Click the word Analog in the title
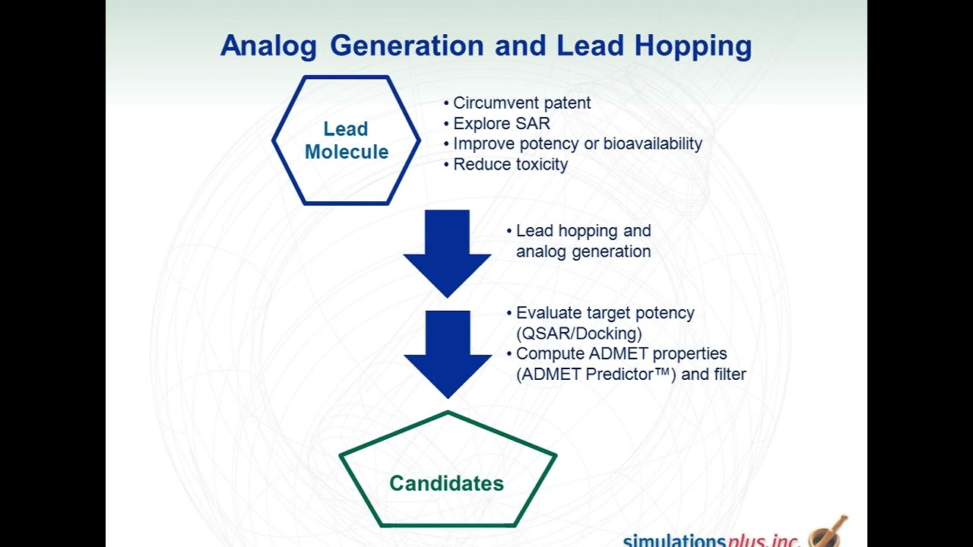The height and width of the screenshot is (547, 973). pos(268,46)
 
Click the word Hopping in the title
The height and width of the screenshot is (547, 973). pos(693,46)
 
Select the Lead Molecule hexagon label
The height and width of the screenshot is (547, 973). pos(346,141)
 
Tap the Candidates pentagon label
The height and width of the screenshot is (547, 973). pos(446,483)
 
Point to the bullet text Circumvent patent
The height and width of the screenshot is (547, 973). pos(521,103)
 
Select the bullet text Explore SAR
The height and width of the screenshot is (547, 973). pos(501,123)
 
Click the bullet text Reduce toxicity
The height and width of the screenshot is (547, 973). pos(510,164)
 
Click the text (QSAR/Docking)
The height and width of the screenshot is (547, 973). pos(578,333)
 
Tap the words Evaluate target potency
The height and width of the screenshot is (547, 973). pos(605,313)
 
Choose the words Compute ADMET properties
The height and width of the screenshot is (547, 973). pos(621,354)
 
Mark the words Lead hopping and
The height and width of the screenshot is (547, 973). pos(583,231)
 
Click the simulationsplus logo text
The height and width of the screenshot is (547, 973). pos(711,540)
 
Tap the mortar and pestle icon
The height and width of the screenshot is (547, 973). pos(827,532)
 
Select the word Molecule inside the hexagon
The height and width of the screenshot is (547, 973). pos(346,152)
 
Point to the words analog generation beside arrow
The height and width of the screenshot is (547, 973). pos(583,251)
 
